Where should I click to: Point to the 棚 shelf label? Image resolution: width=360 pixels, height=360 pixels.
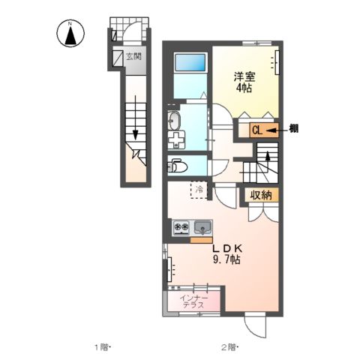pos(294,129)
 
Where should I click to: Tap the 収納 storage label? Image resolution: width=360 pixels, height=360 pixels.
pos(261,194)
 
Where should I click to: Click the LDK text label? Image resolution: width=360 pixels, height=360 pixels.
pos(225,248)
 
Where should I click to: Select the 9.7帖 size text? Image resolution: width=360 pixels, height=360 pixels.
pos(225,259)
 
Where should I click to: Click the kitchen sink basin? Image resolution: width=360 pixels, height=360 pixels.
pos(202,226)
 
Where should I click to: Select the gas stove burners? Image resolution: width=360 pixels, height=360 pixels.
pos(182,226)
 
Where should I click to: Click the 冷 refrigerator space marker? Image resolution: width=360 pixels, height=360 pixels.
pos(199,190)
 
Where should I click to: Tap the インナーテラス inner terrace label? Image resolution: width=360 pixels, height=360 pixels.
pos(195,301)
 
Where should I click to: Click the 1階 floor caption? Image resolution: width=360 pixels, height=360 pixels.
pos(102,346)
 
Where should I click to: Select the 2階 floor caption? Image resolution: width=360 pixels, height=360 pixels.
pos(229,346)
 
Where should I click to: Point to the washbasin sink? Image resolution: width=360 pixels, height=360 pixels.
pos(175,118)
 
